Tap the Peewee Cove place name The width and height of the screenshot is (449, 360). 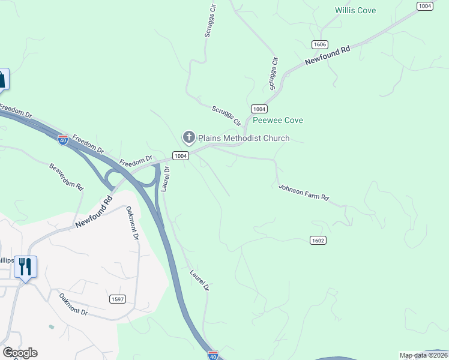point(277,120)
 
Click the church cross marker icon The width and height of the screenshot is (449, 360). point(189,138)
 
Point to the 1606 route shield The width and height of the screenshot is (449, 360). point(319,45)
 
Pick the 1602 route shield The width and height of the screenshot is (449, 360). point(318,240)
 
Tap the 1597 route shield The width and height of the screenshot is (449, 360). point(118,299)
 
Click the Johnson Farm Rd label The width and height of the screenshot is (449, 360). point(304,193)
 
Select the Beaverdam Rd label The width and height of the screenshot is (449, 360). point(66,176)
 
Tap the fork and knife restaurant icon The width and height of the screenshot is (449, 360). point(25,266)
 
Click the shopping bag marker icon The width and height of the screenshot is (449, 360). point(2,79)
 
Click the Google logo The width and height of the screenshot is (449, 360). point(20,353)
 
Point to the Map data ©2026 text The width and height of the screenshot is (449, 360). point(423,355)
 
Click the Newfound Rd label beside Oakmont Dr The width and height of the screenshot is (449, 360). point(94,212)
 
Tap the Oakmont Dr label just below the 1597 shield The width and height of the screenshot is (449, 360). point(73,305)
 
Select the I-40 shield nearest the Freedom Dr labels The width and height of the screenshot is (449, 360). point(63,140)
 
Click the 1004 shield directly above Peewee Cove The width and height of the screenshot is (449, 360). point(259,109)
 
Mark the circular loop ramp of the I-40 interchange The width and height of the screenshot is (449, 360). point(112,178)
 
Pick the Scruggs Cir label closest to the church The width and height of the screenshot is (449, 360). point(226,115)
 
